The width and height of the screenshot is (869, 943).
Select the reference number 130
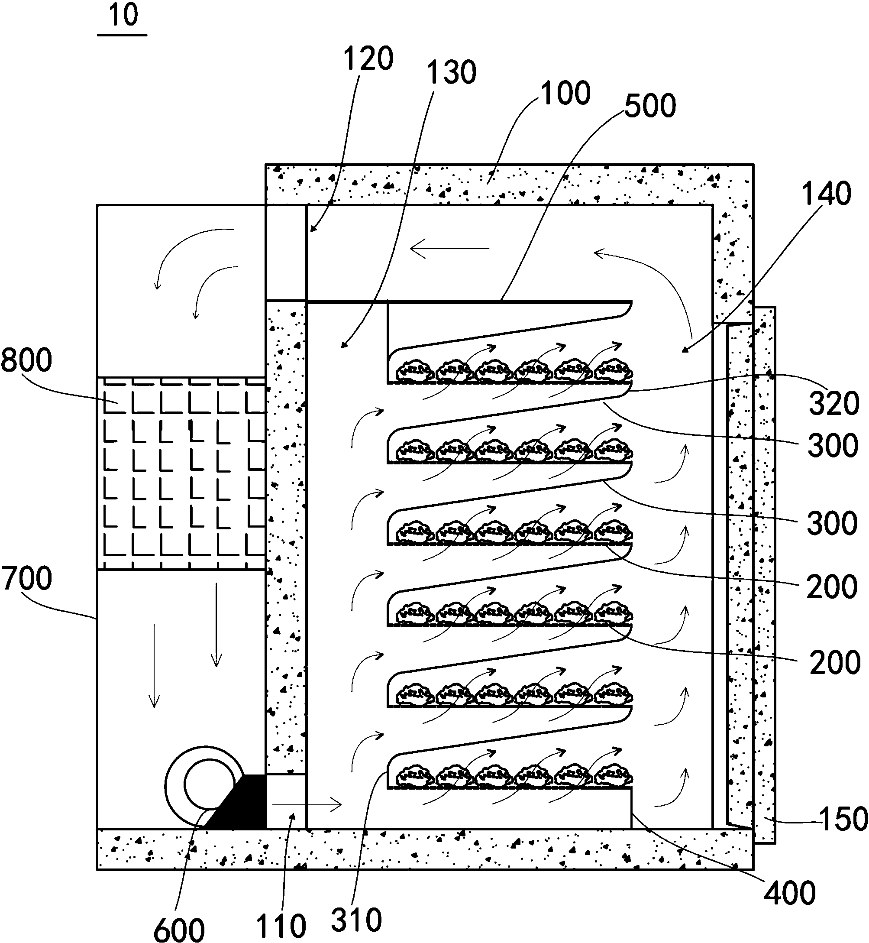click(452, 73)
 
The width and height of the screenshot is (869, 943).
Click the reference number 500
click(650, 106)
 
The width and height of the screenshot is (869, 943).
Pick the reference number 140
click(827, 194)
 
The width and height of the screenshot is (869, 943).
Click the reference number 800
click(26, 361)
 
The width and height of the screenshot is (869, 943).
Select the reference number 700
click(27, 579)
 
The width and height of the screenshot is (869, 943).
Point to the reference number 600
click(179, 928)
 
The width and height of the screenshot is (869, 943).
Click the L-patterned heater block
click(181, 473)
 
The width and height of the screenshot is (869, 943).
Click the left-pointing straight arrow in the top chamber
click(449, 249)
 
